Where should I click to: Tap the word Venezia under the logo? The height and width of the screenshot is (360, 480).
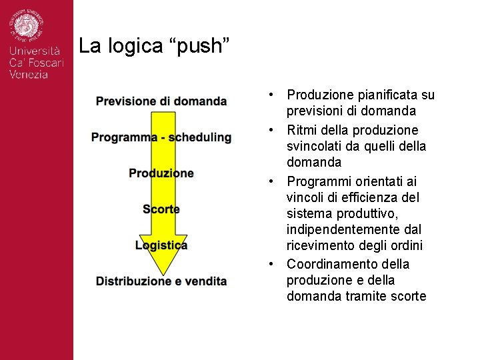29,75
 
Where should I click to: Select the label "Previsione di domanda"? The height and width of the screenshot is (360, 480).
161,101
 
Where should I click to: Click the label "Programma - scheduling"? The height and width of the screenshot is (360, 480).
161,137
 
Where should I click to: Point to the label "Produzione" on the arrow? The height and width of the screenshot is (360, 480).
161,173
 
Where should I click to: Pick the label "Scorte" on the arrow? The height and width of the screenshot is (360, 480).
161,209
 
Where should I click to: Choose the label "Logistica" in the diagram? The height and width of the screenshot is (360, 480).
161,245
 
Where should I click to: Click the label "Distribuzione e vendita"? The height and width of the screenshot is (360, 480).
161,281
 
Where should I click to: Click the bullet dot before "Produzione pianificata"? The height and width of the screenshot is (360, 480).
273,95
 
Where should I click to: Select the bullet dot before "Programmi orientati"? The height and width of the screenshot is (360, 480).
273,181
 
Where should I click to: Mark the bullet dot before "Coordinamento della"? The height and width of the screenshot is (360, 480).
273,264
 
